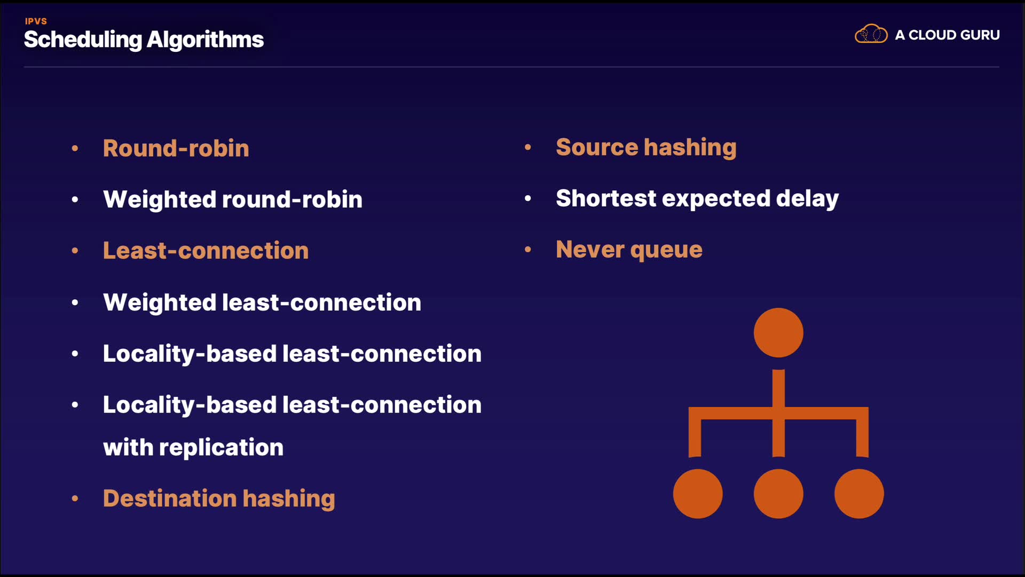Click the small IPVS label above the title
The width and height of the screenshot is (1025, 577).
[x=36, y=21]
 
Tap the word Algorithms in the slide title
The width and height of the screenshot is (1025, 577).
[x=205, y=40]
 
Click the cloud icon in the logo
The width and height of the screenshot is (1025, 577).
[x=871, y=34]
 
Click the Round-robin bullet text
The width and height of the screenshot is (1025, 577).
[x=176, y=148]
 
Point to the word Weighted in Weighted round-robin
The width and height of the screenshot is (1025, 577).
[x=160, y=200]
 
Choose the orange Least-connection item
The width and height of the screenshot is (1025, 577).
[x=206, y=251]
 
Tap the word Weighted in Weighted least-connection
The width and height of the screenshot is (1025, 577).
[x=160, y=303]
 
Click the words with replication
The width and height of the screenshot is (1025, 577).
[x=193, y=447]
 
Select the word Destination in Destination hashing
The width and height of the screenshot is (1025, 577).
[x=170, y=498]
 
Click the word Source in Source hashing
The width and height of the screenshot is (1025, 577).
[x=597, y=147]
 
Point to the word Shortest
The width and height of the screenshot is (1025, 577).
[x=605, y=198]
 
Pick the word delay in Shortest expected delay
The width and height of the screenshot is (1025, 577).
[x=807, y=198]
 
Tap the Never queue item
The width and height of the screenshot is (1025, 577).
[x=629, y=249]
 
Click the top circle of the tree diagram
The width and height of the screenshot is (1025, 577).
[x=778, y=332]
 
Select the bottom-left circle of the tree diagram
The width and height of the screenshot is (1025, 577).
[x=698, y=494]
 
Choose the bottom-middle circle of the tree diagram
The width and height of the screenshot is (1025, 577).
[x=778, y=494]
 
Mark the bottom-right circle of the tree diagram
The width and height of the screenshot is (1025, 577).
[x=859, y=494]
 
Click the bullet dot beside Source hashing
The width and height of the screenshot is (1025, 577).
[x=528, y=147]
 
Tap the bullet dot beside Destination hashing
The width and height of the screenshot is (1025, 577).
[x=75, y=498]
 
